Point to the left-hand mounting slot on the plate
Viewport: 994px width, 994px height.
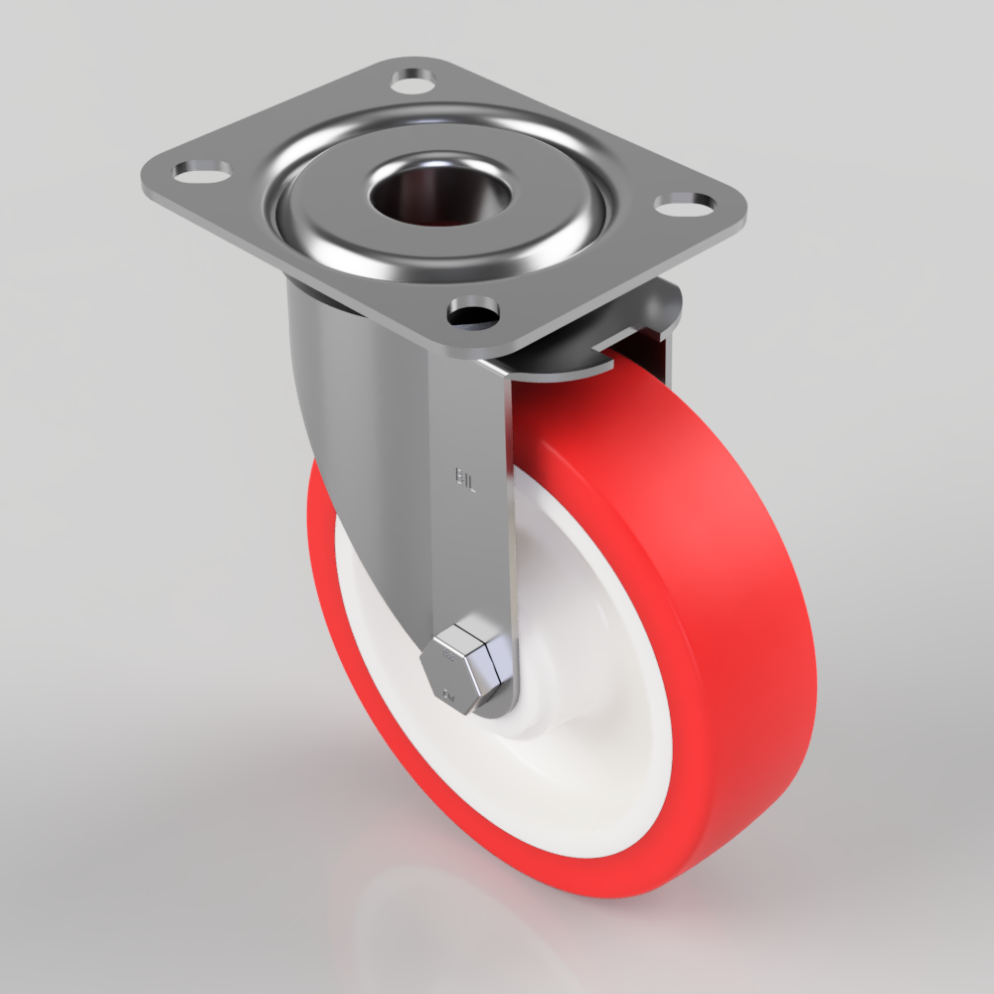202,171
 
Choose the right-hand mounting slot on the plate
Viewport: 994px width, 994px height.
686,203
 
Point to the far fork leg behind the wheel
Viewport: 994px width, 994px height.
661,328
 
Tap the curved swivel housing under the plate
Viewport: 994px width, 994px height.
338,398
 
